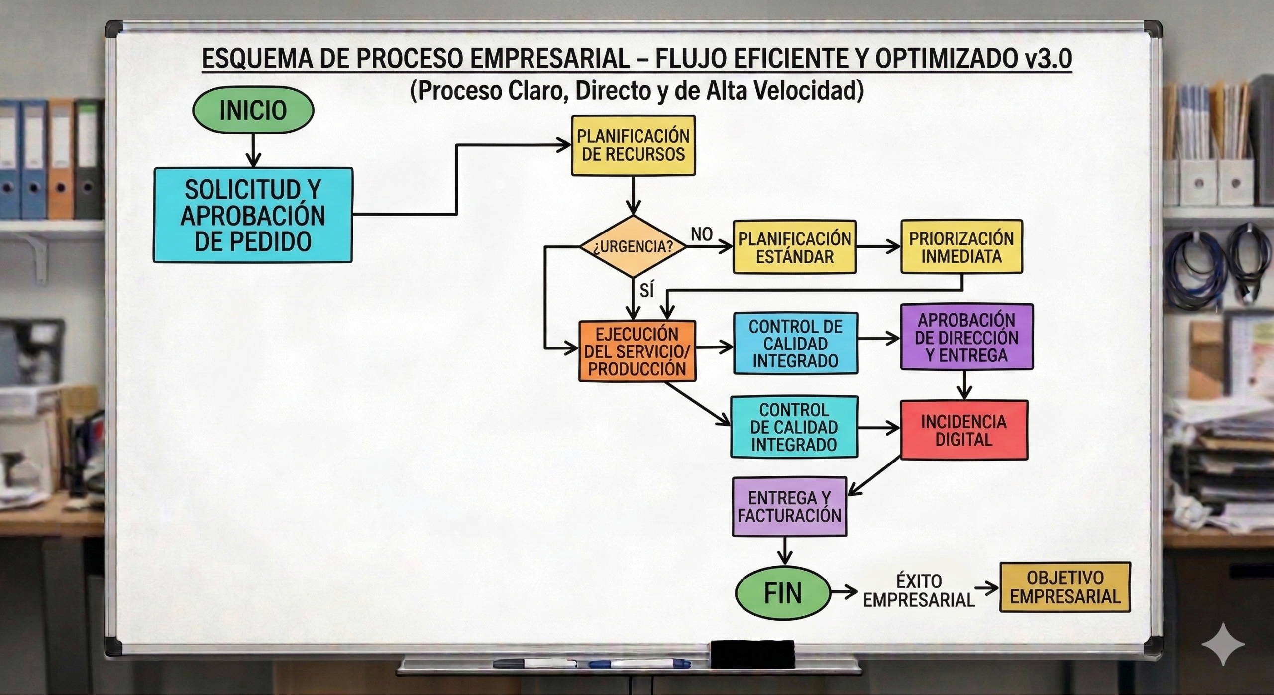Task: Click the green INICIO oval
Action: pyautogui.click(x=253, y=110)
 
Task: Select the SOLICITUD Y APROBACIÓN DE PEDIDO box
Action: pyautogui.click(x=253, y=215)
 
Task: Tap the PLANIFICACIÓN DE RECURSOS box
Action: pyautogui.click(x=633, y=145)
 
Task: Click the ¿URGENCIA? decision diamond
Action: pyautogui.click(x=633, y=246)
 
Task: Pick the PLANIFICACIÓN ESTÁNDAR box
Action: pyautogui.click(x=795, y=247)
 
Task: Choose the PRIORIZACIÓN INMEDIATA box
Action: pyautogui.click(x=961, y=247)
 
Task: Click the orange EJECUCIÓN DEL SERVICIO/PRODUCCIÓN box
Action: pyautogui.click(x=637, y=351)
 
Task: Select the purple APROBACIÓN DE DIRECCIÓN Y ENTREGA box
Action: pyautogui.click(x=966, y=337)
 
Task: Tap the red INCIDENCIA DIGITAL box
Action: pyautogui.click(x=964, y=430)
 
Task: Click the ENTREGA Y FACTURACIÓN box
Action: pyautogui.click(x=790, y=506)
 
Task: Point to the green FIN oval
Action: pyautogui.click(x=783, y=593)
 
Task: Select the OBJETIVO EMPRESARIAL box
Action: pyautogui.click(x=1065, y=587)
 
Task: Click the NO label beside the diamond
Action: pyautogui.click(x=702, y=234)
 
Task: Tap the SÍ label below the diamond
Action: pyautogui.click(x=647, y=290)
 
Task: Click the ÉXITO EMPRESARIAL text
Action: pyautogui.click(x=919, y=590)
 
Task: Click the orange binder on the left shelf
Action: pyautogui.click(x=61, y=159)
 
